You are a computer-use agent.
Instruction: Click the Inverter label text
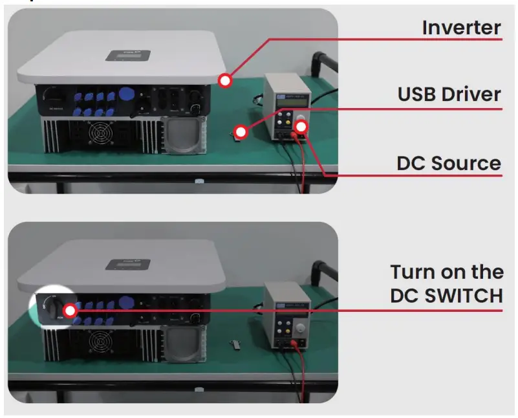click(461, 28)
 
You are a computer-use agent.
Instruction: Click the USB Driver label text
click(449, 94)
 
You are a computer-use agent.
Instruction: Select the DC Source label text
click(449, 163)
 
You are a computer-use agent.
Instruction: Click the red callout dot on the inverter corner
click(225, 81)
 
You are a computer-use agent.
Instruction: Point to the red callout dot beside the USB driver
click(241, 132)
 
